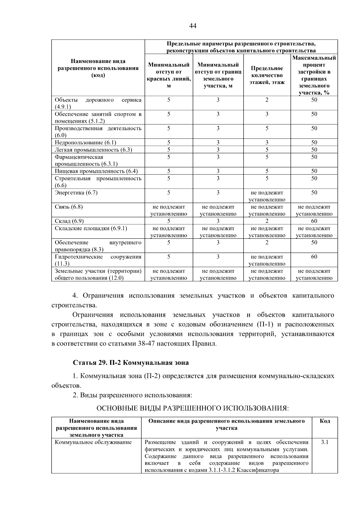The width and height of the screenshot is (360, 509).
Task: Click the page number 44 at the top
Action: pos(193,26)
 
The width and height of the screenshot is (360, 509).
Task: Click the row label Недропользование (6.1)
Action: pos(85,142)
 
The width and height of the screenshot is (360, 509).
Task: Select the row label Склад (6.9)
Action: pos(69,221)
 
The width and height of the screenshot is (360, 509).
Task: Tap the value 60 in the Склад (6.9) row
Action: pos(314,221)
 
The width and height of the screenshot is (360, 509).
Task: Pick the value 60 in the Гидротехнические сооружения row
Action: pos(314,257)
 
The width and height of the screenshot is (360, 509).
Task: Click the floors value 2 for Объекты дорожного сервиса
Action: pos(267,100)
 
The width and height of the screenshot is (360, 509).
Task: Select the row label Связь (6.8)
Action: pos(69,207)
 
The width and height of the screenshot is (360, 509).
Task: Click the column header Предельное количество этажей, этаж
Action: pos(267,75)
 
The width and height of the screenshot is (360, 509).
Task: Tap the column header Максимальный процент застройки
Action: pos(314,75)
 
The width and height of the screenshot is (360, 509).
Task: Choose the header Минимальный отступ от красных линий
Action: pos(169,75)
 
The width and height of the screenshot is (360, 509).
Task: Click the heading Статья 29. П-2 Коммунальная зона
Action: pos(131,363)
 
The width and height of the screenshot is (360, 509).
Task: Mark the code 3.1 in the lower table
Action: pos(325,442)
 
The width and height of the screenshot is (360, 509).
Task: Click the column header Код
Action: pos(325,421)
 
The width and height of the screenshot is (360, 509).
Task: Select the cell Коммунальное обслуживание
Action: pos(93,442)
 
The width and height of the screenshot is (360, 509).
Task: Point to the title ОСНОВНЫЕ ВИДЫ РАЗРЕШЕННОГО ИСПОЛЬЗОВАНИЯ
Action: pos(192,408)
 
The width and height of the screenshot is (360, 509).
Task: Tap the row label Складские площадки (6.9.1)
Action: pos(91,228)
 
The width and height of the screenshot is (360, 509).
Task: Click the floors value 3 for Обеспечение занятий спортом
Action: pos(267,114)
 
